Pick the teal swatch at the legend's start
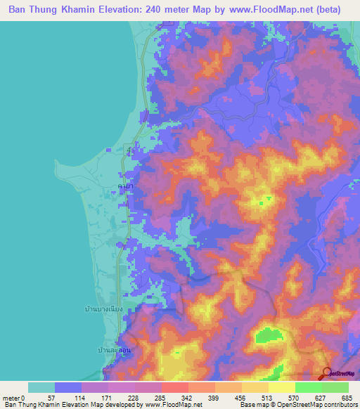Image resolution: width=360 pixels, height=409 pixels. coord(41,388)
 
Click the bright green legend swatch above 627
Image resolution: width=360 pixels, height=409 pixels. coord(309,388)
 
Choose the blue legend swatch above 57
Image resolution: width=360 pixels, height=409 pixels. coord(68,388)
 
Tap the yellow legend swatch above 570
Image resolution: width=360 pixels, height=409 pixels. coord(282,388)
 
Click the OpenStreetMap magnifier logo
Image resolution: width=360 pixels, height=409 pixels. coord(327,373)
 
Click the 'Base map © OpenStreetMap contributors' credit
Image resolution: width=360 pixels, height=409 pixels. coord(297,405)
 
